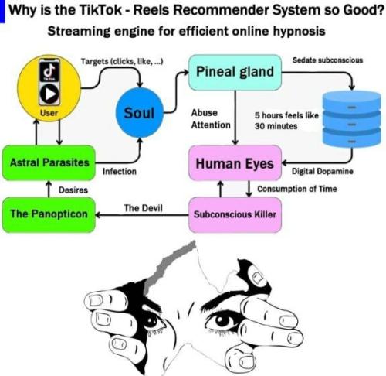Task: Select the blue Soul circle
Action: [139, 114]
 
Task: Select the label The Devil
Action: [143, 207]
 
